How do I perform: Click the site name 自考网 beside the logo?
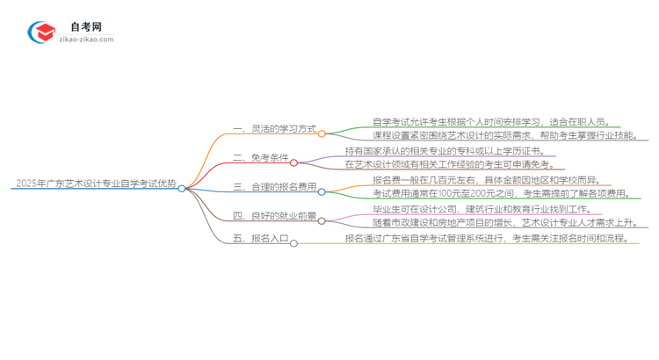tap(84, 27)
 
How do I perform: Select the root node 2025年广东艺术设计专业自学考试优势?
tap(95, 185)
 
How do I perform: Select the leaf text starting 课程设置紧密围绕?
tap(497, 136)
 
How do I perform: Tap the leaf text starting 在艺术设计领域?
tap(449, 165)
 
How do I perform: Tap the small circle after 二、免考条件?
tap(293, 162)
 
